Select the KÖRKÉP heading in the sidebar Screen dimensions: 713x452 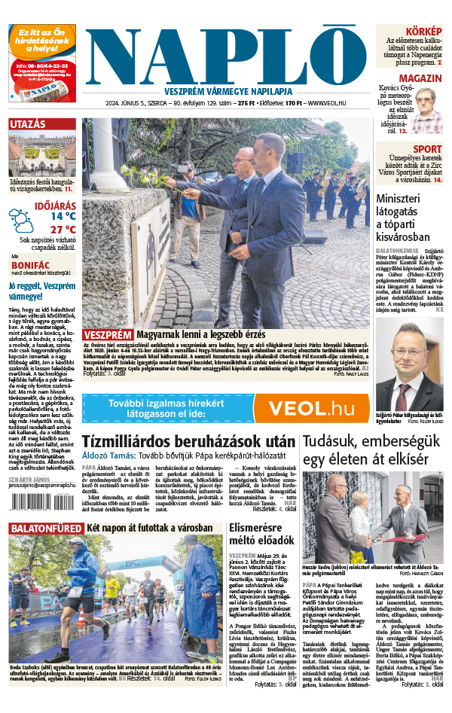pos(424,30)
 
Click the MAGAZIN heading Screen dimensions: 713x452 pos(420,78)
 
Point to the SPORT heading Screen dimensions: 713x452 pos(427,149)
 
